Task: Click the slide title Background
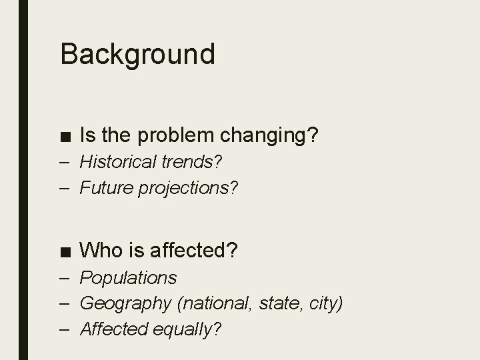pos(137,54)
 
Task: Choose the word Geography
pos(125,303)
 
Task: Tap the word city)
pos(324,303)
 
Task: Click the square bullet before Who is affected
pos(65,251)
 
